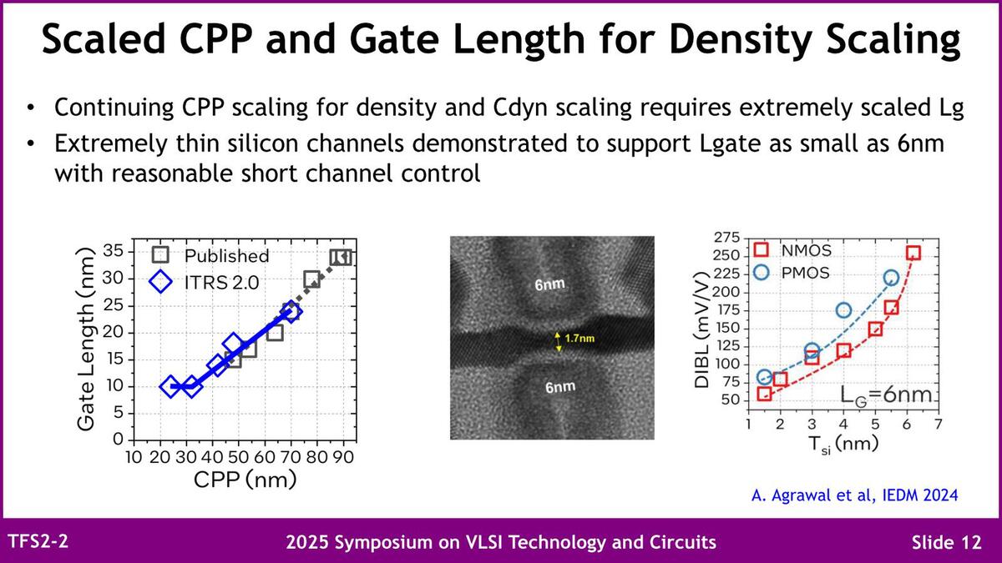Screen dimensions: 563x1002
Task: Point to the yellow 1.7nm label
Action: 579,339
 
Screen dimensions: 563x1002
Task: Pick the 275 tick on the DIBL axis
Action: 729,238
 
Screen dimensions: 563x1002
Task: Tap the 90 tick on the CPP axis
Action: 343,458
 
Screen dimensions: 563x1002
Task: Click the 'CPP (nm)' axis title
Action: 245,480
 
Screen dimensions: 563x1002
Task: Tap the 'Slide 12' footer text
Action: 946,542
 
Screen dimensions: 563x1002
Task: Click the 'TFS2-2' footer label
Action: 38,541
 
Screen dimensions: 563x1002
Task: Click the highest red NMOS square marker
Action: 913,253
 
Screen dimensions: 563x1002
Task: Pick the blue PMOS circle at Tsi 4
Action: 843,310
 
